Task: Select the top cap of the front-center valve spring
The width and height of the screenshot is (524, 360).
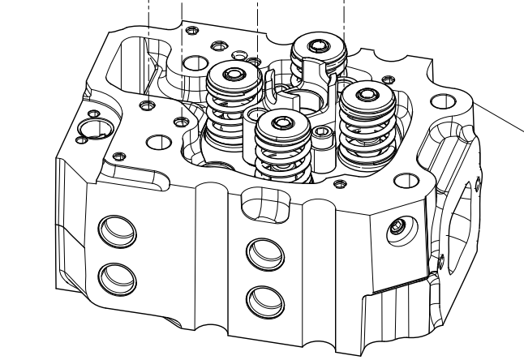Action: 281,123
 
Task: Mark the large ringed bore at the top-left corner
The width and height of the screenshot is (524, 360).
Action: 91,128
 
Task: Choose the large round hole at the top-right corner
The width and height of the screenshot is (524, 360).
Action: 441,102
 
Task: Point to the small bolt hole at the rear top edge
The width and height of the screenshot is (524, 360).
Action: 191,31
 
